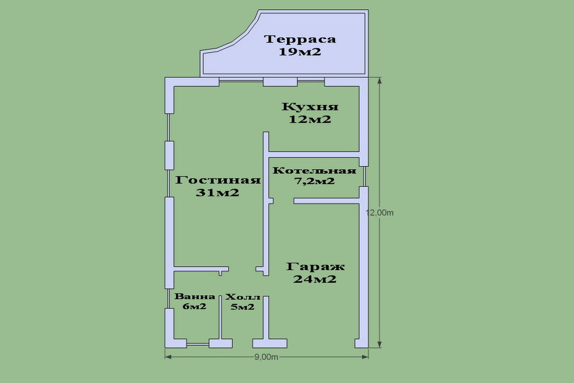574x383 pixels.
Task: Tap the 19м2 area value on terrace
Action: (300, 53)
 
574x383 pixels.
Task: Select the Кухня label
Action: (311, 107)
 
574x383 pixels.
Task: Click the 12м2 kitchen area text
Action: (311, 120)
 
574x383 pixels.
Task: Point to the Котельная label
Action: (313, 171)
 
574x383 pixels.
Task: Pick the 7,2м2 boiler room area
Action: (313, 181)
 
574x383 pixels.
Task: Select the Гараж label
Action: (314, 267)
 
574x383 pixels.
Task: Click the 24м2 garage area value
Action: (314, 280)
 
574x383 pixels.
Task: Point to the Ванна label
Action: (195, 297)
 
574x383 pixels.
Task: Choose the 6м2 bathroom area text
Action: (195, 307)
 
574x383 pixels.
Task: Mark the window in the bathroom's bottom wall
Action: (198, 343)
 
